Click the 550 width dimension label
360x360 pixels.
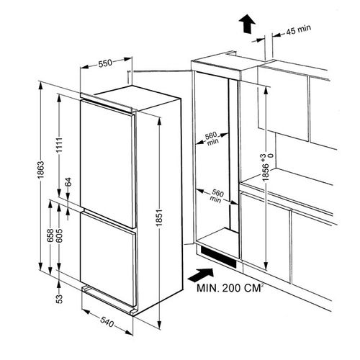(x=105, y=63)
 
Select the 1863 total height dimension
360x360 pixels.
(x=41, y=170)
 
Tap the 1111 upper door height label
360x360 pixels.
(x=59, y=145)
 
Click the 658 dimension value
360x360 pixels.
(x=50, y=235)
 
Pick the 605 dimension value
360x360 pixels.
(x=60, y=235)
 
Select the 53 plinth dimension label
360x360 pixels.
(x=59, y=299)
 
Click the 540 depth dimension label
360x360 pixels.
(x=107, y=322)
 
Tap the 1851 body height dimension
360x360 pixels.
(x=159, y=218)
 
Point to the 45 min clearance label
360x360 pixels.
(x=299, y=30)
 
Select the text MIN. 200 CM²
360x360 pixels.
(x=229, y=288)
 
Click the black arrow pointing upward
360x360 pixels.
(x=247, y=24)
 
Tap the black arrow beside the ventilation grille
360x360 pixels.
(x=201, y=275)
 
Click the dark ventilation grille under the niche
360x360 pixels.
(x=218, y=257)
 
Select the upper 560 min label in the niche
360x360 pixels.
(x=212, y=139)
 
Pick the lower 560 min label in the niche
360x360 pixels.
(x=216, y=196)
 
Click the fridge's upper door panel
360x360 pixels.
(x=108, y=163)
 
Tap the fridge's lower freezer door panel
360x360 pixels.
(x=109, y=258)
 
